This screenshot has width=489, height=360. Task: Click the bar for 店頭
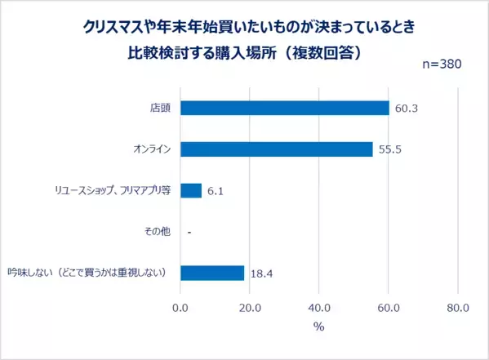click(284, 108)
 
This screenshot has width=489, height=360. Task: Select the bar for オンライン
click(276, 149)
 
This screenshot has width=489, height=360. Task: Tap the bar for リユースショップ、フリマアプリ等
click(190, 190)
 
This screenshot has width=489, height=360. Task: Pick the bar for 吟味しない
click(211, 273)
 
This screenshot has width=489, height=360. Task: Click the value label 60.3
click(406, 109)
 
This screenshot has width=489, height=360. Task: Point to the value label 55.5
click(389, 150)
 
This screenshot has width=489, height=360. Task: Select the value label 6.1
click(216, 191)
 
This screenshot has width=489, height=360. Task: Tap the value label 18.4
click(261, 273)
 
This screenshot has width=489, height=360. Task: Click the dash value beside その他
click(189, 233)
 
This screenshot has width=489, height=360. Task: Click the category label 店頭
click(160, 108)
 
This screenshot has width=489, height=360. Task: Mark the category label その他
click(157, 232)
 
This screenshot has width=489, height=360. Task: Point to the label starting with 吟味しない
click(88, 273)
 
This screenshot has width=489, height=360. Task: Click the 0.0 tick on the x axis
click(180, 309)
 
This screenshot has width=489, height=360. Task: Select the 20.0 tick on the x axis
click(249, 309)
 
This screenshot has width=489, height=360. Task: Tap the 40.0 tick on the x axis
click(319, 309)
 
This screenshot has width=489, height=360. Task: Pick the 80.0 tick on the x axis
click(458, 309)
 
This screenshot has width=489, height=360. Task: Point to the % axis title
click(318, 327)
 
